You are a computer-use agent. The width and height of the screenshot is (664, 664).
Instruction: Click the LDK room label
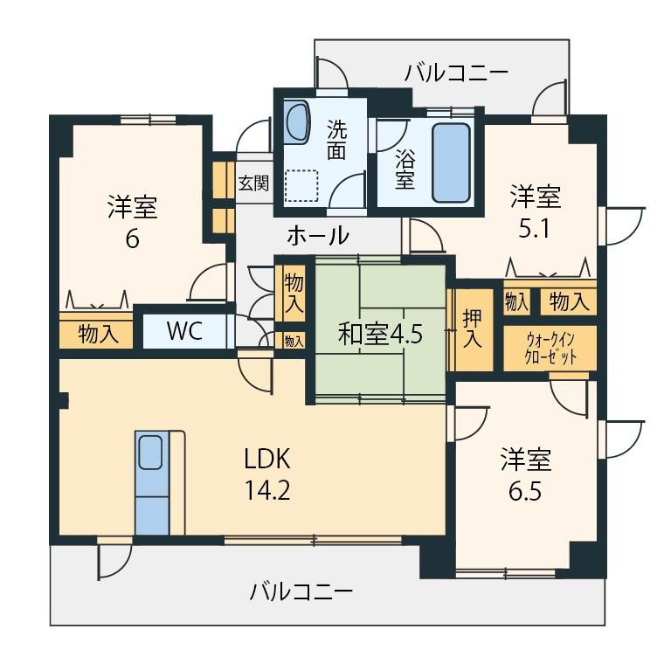pos(267,459)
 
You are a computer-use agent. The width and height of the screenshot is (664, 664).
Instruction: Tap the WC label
pos(184,331)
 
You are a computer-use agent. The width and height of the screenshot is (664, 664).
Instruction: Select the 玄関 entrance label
pos(253,183)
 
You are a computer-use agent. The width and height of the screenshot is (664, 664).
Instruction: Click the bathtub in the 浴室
pos(452,163)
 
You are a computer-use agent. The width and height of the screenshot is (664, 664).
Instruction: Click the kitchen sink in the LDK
pos(151,453)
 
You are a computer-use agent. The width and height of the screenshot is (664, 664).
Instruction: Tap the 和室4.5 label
pos(380,335)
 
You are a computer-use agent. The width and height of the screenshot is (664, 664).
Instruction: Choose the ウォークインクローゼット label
pos(550,349)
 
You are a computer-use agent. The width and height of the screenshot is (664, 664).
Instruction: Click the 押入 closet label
pos(472,329)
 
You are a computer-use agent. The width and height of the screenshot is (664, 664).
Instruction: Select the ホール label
pos(318,235)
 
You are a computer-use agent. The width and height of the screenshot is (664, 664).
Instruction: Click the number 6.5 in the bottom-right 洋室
pos(526,492)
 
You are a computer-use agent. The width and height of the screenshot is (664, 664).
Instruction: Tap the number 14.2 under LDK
pos(267,491)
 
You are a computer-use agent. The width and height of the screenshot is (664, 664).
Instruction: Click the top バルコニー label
pos(456,73)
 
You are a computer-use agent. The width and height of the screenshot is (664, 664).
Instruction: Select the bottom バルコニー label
pos(301,591)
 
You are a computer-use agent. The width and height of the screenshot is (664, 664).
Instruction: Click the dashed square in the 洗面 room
pos(301,186)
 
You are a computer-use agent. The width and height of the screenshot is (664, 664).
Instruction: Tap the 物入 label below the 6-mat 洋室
pos(98,334)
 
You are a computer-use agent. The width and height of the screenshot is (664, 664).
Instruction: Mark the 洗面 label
pos(336,140)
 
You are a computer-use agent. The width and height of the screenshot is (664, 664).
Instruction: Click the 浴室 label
pos(405,169)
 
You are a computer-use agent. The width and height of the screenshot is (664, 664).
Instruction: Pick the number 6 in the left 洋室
pos(132,239)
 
